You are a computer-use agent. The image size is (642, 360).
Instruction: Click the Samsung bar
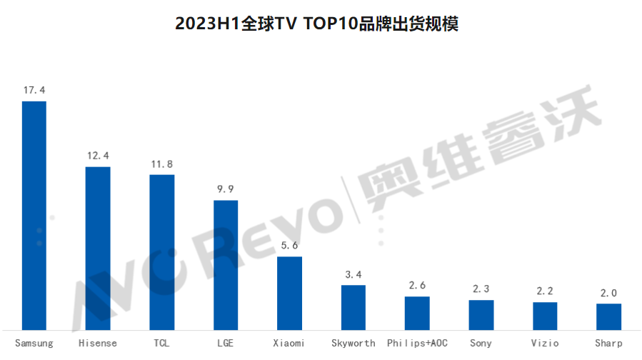click(34, 214)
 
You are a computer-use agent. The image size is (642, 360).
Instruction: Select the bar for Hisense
click(98, 247)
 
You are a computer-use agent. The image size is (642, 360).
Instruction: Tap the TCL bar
click(162, 251)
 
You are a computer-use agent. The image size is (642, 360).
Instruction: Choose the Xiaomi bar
click(289, 292)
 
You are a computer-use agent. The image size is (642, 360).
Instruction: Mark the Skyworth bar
click(353, 306)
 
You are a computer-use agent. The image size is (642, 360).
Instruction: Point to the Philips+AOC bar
click(417, 312)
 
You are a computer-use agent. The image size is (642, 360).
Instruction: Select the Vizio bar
click(545, 315)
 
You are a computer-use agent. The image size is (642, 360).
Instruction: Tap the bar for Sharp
click(609, 316)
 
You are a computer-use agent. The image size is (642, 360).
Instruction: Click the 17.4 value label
click(34, 91)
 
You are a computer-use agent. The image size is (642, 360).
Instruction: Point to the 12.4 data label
click(98, 156)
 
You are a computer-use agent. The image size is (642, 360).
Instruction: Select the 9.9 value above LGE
click(226, 189)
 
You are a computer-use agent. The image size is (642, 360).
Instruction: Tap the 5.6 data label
click(289, 245)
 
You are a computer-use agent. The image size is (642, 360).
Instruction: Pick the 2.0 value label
click(609, 292)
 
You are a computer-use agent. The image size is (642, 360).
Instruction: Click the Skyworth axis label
click(353, 343)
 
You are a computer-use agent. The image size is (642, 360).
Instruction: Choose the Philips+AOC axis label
click(417, 343)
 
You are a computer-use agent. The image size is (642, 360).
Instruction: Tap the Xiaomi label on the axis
click(289, 343)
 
